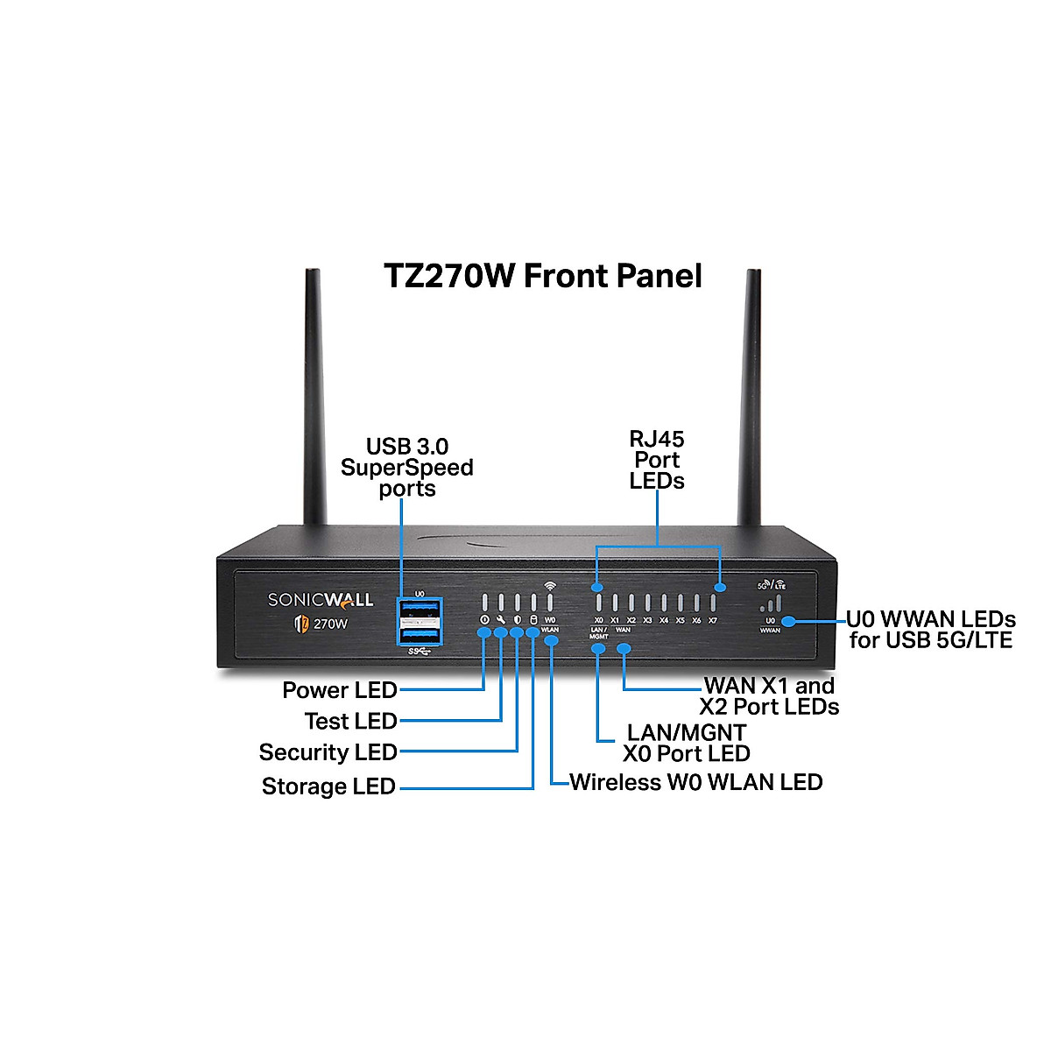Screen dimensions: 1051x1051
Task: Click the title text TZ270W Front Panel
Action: click(x=543, y=276)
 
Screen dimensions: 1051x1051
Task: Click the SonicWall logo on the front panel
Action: click(x=320, y=600)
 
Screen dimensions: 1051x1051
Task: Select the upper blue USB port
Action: click(x=420, y=609)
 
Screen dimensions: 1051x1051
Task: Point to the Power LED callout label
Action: click(x=340, y=690)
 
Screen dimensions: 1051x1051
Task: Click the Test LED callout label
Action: click(x=350, y=721)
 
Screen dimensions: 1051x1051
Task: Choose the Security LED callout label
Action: click(x=328, y=752)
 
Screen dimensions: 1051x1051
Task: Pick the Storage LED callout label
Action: click(x=328, y=786)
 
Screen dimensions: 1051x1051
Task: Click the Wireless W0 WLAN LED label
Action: click(x=696, y=782)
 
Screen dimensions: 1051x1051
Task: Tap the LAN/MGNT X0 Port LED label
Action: click(x=687, y=743)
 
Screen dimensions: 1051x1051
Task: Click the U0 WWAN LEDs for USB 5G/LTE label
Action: click(x=930, y=630)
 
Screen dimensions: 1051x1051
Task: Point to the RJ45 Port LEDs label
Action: click(x=657, y=459)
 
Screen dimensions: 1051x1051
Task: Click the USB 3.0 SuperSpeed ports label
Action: click(x=407, y=467)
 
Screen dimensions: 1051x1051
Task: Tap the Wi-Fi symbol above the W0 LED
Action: click(x=549, y=585)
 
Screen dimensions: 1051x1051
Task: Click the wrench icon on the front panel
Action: click(x=501, y=620)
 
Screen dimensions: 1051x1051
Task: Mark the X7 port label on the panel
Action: click(x=713, y=620)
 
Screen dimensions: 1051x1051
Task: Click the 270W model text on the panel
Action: click(x=331, y=624)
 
